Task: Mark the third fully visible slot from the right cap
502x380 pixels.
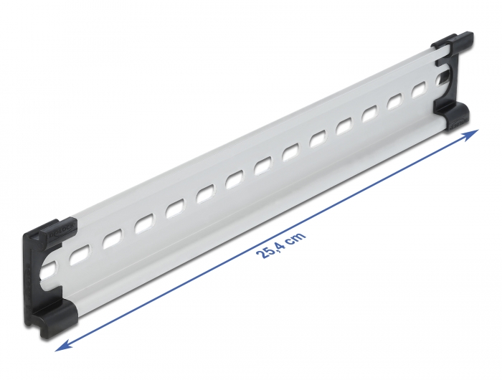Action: coord(370,114)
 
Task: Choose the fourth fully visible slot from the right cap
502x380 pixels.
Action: coord(344,126)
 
